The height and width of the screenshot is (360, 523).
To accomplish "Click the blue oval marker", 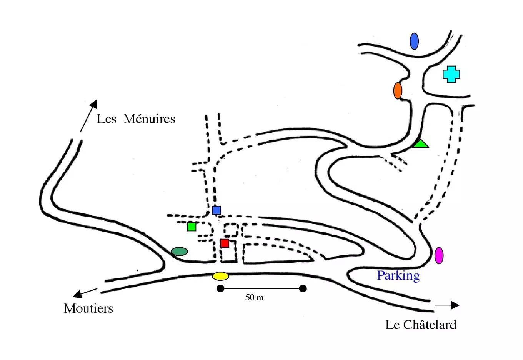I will [414, 41].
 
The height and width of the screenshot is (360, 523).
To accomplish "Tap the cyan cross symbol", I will [451, 74].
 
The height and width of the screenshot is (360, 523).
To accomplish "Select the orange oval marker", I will [398, 91].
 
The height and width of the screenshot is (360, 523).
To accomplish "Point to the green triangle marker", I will [421, 144].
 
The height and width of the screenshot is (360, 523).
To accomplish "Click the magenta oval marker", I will [439, 255].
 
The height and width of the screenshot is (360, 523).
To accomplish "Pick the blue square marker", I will [217, 210].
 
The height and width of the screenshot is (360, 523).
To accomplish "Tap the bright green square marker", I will [192, 227].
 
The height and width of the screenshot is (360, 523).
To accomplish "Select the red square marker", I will [225, 243].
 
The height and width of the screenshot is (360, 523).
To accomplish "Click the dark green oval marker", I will [179, 252].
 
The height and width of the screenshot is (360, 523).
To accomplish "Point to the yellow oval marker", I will [221, 276].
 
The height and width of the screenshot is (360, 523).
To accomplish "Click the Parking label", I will [398, 275].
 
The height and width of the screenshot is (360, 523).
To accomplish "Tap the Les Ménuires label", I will [136, 119].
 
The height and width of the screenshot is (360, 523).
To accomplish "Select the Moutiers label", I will [88, 308].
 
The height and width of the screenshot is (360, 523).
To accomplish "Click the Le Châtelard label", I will [421, 325].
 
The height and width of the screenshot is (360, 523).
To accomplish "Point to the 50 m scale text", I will [255, 297].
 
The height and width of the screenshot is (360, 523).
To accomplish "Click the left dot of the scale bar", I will [220, 288].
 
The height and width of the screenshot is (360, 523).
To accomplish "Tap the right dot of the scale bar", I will [303, 288].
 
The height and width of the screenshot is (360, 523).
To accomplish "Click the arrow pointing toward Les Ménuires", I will [88, 116].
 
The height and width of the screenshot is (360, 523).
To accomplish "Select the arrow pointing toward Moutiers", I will [85, 293].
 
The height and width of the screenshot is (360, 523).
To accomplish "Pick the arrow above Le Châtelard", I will [447, 305].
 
